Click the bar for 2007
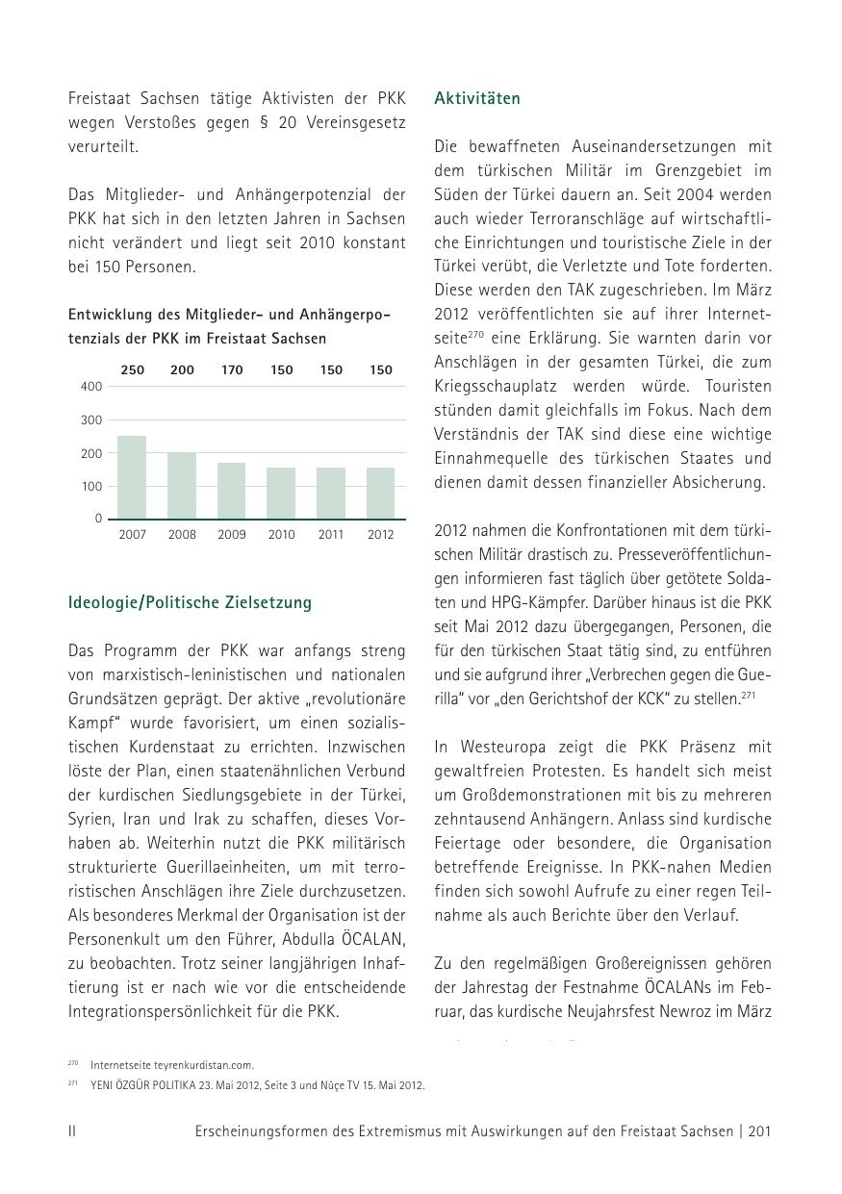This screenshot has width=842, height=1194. (132, 477)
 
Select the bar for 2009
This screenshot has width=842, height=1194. (232, 491)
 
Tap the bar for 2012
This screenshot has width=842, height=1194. (381, 494)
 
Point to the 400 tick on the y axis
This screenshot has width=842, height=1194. (91, 387)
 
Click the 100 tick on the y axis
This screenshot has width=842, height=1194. (91, 487)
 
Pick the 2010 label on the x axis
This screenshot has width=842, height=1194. (282, 535)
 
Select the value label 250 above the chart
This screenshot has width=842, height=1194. (132, 370)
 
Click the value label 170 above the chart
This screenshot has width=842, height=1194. (232, 370)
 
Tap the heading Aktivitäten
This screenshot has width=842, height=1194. (477, 99)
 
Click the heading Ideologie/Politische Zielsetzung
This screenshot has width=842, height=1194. (190, 603)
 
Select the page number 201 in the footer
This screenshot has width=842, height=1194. (759, 1131)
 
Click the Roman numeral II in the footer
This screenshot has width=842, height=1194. (72, 1131)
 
